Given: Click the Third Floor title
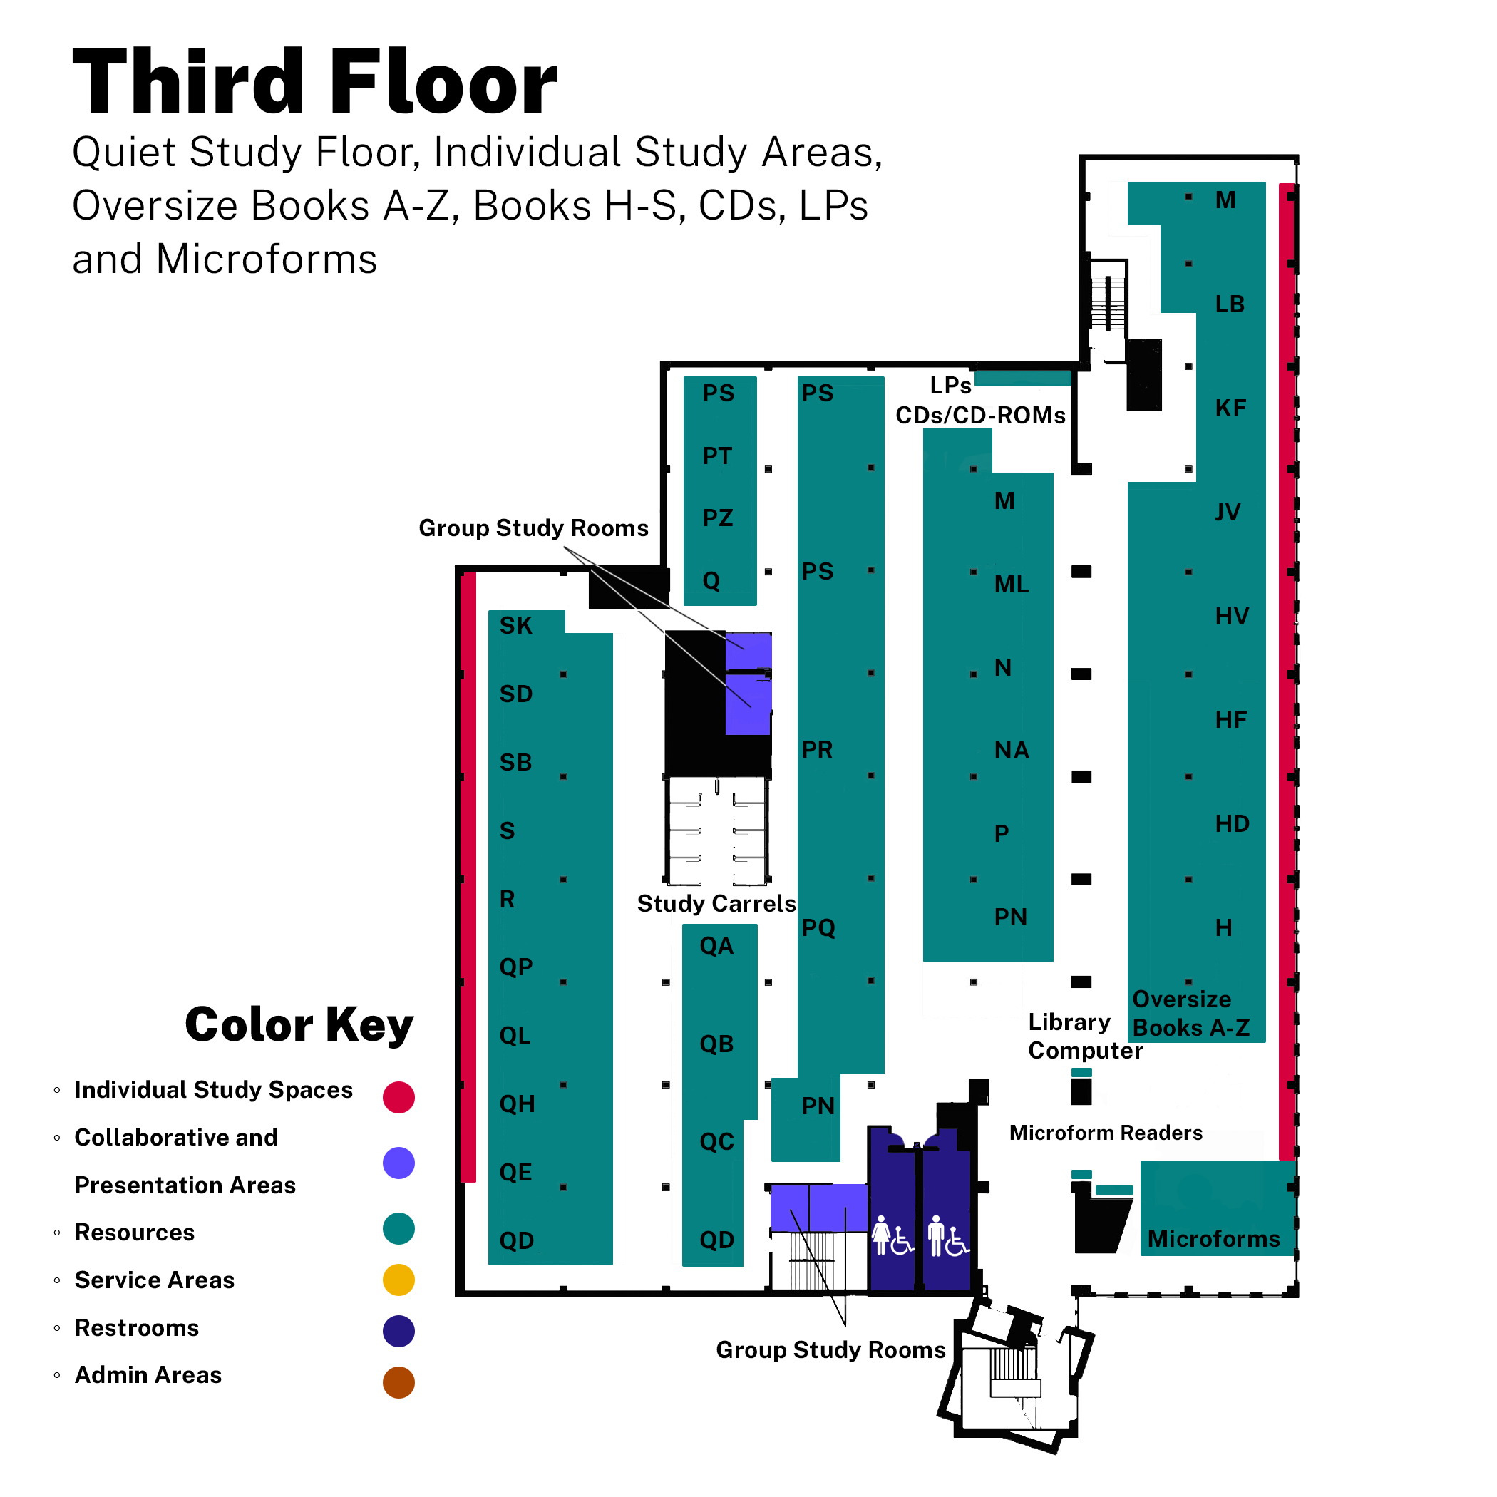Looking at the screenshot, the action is pos(314,81).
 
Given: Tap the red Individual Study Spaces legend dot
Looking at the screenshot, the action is pos(398,1097).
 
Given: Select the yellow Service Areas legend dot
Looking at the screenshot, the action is pos(398,1280).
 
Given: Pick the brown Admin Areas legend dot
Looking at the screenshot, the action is pos(398,1382).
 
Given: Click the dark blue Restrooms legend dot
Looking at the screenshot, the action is pos(398,1331).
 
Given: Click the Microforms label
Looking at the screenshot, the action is pos(1213,1239).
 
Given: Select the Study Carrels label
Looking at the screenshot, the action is pos(716,903).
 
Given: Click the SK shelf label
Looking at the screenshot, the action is pos(515,625).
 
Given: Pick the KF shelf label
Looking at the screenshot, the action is pos(1230,408).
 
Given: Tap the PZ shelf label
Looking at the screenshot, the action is pos(718,518).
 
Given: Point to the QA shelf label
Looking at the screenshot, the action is pos(716,945).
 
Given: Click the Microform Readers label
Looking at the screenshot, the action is pos(1106,1133).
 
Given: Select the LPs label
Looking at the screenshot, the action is pos(951,385).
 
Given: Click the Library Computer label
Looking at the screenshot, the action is pos(1086,1036).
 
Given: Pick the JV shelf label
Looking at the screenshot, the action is pos(1228,512).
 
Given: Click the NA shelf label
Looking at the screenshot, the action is pos(1011,750).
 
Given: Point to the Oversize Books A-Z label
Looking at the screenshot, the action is pos(1191,1014).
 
